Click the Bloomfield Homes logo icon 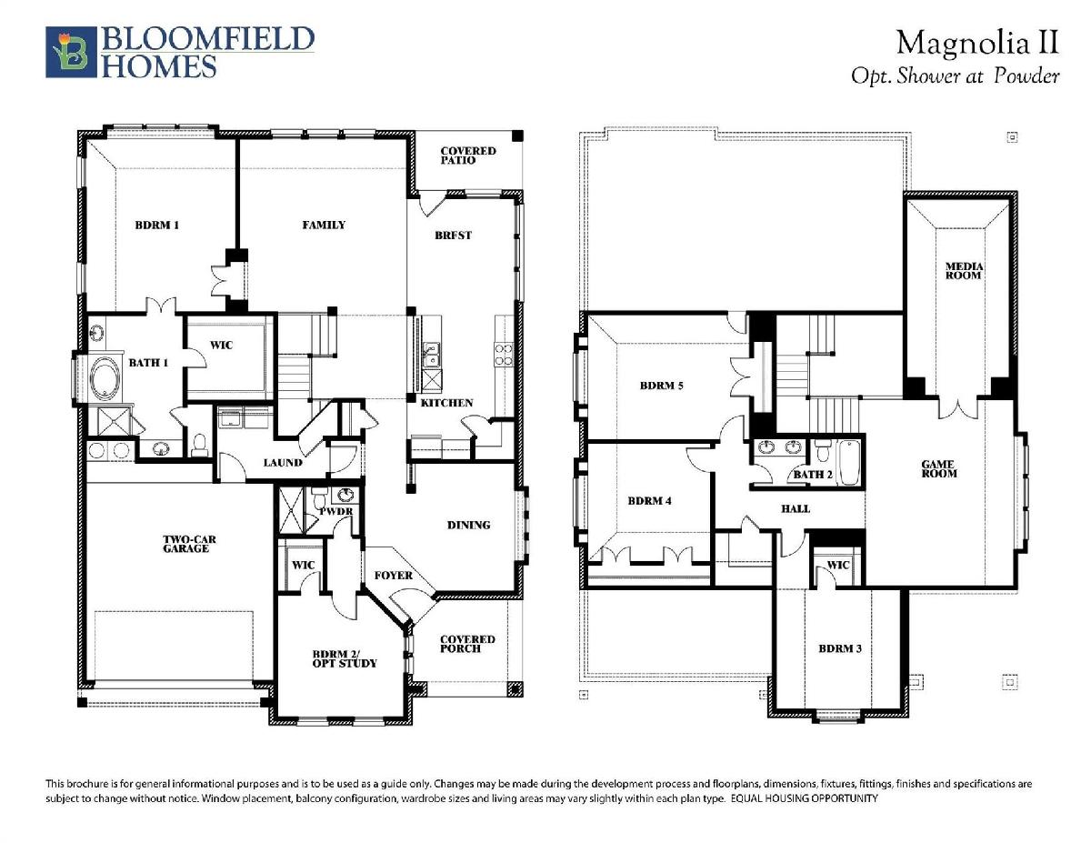71,52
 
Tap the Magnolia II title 977,42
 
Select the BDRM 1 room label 157,226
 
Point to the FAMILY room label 324,225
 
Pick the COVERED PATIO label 468,156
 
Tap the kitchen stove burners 504,354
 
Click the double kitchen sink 431,354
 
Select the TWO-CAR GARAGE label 189,544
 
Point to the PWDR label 336,511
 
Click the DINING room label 468,526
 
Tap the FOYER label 393,576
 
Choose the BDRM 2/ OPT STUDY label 345,658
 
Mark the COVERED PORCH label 467,644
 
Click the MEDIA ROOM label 964,271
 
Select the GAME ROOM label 939,469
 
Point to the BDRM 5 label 661,386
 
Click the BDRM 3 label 840,648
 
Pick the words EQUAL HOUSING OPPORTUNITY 805,798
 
